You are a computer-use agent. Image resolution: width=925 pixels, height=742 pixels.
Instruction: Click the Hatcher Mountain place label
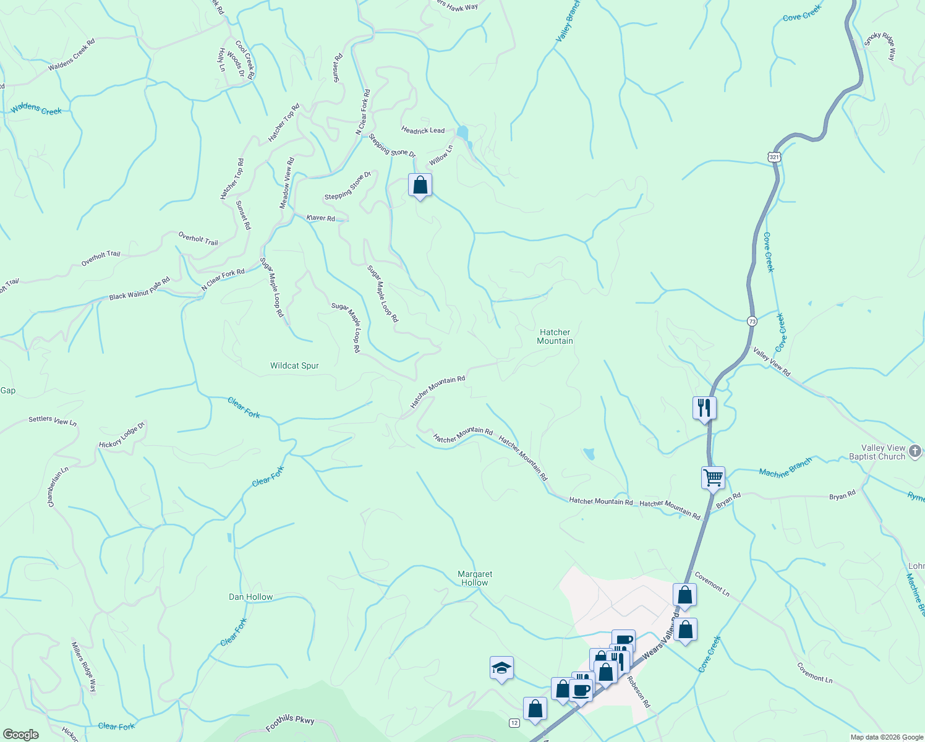tap(555, 336)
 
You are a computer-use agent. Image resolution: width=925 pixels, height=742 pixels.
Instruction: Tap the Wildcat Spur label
tap(294, 365)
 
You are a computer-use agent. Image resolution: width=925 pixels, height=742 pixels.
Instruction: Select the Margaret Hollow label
tap(475, 578)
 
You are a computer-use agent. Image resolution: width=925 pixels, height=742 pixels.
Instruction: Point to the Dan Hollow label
tap(250, 597)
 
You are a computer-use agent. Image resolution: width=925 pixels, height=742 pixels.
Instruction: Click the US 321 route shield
tap(775, 157)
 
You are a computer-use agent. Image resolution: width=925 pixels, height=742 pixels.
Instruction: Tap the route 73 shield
tap(751, 321)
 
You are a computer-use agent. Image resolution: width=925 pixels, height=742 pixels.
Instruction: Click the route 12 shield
tap(514, 723)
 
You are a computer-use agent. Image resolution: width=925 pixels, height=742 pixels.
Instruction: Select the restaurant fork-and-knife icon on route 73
tap(704, 407)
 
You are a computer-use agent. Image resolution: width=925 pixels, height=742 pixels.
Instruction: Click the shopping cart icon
tap(713, 477)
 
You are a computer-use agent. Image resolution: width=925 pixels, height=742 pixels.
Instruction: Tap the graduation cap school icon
tap(501, 668)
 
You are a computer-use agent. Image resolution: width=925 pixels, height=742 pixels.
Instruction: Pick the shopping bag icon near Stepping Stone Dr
tap(420, 184)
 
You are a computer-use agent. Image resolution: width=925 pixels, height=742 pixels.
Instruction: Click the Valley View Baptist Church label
tap(883, 452)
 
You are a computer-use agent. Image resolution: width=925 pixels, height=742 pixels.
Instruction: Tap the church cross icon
tap(916, 451)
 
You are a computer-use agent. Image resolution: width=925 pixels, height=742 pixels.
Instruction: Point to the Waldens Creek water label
tap(36, 109)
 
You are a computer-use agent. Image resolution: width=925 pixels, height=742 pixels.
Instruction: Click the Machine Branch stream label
tap(785, 468)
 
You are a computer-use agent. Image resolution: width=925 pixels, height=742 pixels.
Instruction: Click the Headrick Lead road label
tap(423, 130)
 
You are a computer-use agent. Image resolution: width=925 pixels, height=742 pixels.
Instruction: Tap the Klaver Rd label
tap(321, 218)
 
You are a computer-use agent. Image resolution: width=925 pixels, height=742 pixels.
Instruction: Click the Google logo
tap(20, 734)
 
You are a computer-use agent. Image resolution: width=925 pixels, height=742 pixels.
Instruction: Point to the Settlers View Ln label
tap(53, 420)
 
